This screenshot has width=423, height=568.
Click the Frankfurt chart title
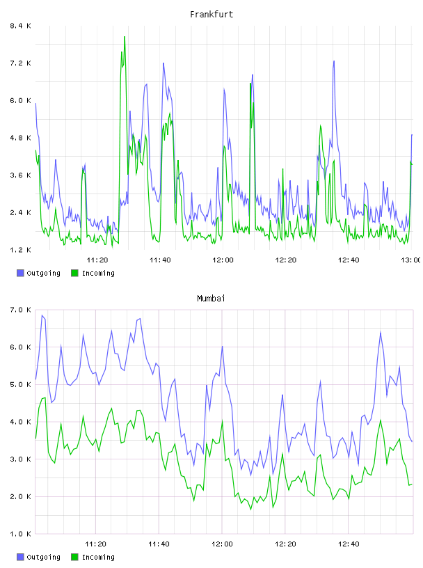[211, 15]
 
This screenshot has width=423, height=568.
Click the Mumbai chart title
[211, 299]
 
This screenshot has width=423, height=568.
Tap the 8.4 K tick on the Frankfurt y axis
[21, 26]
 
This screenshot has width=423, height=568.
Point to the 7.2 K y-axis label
[21, 63]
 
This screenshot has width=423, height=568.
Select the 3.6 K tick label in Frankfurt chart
[21, 175]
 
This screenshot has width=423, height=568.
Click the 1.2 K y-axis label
[21, 250]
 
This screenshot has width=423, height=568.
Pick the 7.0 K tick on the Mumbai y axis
[21, 310]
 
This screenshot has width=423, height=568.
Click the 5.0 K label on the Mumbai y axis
[21, 384]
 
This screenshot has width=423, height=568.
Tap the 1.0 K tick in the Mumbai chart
[21, 534]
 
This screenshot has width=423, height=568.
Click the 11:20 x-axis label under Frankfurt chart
[97, 260]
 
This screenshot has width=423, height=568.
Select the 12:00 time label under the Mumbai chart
[222, 544]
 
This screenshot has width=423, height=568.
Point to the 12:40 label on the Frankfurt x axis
[349, 260]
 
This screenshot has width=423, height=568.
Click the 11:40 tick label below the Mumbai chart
[159, 544]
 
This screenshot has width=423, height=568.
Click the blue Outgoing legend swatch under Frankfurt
[20, 273]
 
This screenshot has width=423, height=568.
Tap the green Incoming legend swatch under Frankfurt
[74, 273]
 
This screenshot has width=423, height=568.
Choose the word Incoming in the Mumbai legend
[98, 557]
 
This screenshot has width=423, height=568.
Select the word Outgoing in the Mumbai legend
[43, 557]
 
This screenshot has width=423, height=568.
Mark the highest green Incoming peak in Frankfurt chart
[125, 37]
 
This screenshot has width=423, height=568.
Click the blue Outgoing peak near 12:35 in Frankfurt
[334, 61]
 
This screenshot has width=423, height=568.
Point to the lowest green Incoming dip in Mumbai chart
[250, 510]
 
